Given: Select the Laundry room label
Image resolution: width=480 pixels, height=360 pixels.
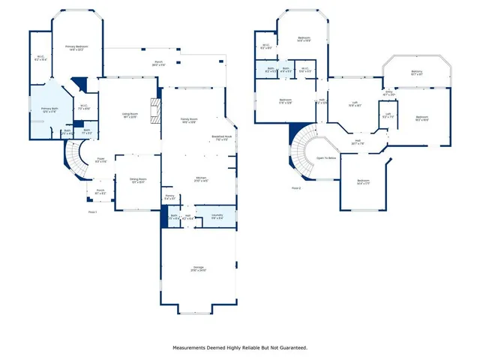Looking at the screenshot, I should (x=217, y=215).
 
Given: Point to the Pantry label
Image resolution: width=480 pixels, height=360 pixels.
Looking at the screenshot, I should (x=169, y=196).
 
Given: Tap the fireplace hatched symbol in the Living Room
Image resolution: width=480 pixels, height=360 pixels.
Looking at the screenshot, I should (x=156, y=111).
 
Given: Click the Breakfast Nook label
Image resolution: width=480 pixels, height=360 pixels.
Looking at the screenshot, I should (x=221, y=138).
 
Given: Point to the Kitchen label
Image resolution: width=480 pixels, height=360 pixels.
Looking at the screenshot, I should (x=191, y=179).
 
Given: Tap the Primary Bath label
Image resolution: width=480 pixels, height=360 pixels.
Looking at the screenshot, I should (x=49, y=110).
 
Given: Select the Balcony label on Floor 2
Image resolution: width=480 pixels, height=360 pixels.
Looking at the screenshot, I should (x=417, y=72).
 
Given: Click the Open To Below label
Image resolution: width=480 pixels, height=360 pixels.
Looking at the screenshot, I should (x=325, y=158).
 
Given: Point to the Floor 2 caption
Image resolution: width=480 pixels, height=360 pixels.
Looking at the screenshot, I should (x=298, y=187).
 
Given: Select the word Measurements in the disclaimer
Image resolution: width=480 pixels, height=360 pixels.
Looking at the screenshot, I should (x=192, y=347).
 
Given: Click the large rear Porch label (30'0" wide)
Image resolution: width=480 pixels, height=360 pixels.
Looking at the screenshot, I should (x=159, y=62).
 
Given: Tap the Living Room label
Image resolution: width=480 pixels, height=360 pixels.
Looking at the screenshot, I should (x=130, y=115).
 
